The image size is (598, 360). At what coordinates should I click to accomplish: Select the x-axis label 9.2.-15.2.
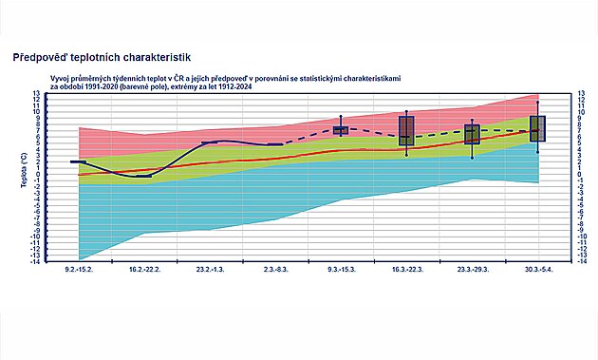[79, 271]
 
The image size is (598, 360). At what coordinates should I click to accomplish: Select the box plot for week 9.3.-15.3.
[341, 130]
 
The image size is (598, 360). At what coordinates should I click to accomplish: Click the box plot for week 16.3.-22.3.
[406, 130]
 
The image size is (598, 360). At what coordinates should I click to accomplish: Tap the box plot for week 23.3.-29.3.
[472, 134]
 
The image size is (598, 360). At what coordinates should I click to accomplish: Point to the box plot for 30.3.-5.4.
[537, 128]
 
